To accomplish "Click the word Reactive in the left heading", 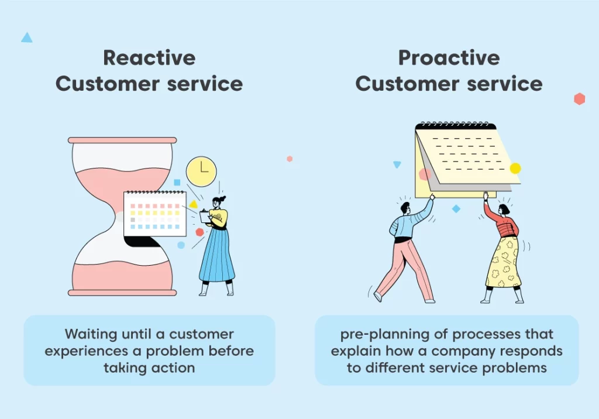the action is point(149,58).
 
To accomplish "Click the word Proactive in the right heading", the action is point(449,58).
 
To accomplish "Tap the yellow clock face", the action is point(201,171).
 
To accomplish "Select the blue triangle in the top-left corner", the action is point(27,38).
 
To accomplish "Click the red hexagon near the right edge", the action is point(580,99).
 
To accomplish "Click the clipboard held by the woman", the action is point(205,217).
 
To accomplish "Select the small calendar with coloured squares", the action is point(155,214).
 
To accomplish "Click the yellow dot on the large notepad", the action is point(515,168).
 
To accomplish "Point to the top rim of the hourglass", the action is point(122,140).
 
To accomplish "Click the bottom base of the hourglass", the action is point(122,293).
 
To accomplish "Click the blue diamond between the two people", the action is point(456,209).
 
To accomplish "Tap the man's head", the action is point(406,209).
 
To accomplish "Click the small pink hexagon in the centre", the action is point(290,159).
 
